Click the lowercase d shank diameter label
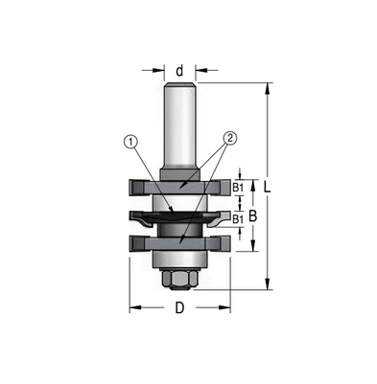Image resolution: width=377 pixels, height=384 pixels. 179,71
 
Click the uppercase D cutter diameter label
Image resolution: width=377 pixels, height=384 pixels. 179,308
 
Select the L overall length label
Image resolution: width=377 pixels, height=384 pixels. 267,187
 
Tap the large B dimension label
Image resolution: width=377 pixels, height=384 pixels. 253,216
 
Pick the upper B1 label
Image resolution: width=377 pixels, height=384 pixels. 238,188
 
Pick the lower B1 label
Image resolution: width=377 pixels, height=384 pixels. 238,219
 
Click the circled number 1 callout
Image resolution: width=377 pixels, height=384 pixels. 130,142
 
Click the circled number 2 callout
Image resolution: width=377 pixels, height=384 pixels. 230,138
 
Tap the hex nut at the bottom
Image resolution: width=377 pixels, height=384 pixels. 179,280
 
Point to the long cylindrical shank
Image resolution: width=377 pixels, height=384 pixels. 179,126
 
